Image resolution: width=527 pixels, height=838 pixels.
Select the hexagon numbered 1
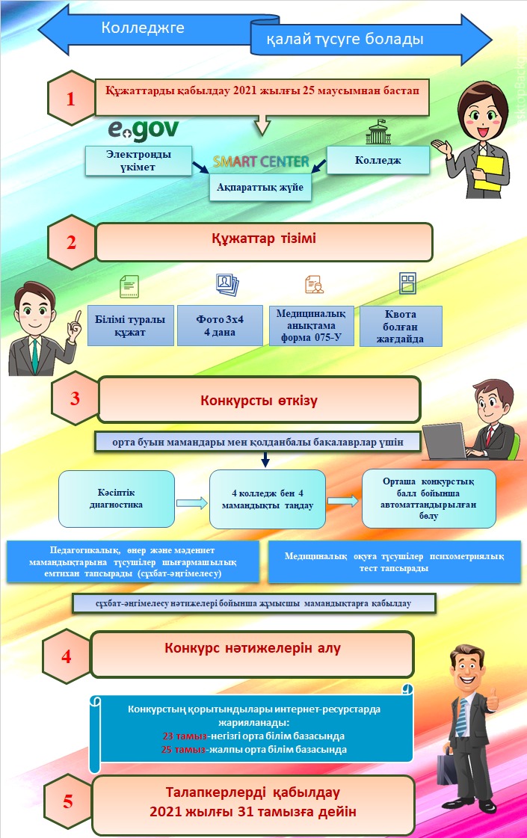click(71, 98)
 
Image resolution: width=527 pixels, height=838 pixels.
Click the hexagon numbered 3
click(75, 398)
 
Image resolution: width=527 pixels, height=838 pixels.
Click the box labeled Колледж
click(378, 160)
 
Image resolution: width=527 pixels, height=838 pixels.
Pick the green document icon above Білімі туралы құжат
click(129, 285)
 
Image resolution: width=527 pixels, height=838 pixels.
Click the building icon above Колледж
click(377, 132)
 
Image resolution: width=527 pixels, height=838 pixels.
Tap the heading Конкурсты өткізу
click(259, 400)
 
